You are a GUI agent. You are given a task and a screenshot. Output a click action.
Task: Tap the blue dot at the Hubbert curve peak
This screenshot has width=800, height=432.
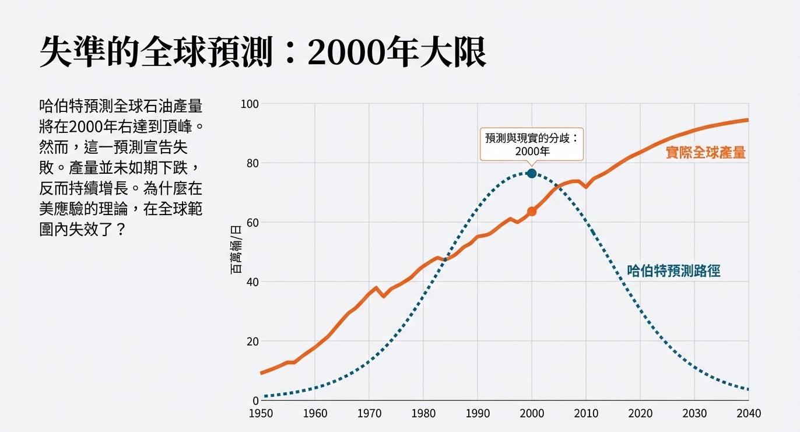click(531, 173)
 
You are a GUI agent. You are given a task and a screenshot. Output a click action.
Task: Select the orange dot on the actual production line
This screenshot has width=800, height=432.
click(531, 211)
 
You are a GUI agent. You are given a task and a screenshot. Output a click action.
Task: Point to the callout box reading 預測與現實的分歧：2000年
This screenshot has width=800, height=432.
click(531, 144)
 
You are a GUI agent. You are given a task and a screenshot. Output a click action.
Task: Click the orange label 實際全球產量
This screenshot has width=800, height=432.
click(706, 153)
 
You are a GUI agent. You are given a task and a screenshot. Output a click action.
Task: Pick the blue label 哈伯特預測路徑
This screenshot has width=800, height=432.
click(673, 271)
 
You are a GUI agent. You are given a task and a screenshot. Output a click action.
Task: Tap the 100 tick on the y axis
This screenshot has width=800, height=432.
click(250, 104)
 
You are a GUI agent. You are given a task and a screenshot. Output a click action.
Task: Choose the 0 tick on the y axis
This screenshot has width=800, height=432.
click(255, 401)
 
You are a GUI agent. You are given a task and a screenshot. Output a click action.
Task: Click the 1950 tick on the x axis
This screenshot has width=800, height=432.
click(261, 413)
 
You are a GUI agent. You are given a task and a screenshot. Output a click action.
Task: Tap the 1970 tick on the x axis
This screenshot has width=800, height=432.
click(369, 413)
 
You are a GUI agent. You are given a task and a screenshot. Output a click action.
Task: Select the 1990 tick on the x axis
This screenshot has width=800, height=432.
click(478, 413)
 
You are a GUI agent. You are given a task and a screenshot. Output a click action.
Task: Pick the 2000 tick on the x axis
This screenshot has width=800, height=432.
click(532, 413)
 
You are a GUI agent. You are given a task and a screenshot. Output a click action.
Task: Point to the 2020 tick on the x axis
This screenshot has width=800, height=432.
click(640, 413)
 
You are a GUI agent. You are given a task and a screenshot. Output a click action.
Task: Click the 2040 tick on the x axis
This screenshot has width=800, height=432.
click(749, 413)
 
